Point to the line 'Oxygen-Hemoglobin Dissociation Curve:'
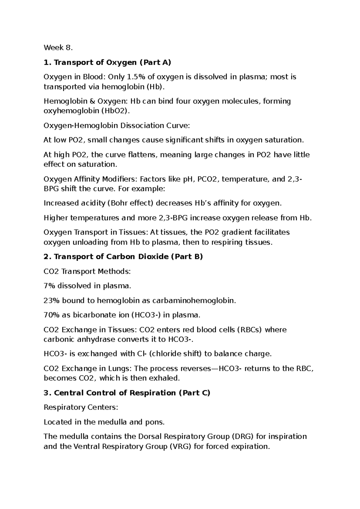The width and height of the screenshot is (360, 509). point(117,125)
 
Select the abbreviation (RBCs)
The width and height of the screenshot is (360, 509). point(249,330)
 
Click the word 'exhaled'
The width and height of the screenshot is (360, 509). point(167,378)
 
